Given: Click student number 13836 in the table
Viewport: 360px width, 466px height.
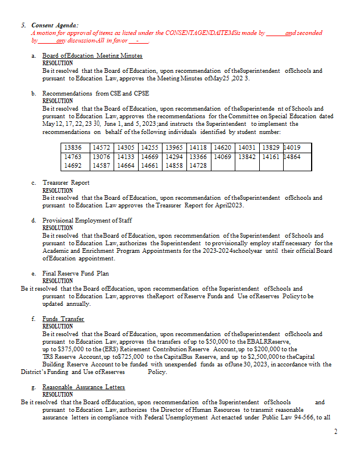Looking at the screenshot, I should tap(73, 149).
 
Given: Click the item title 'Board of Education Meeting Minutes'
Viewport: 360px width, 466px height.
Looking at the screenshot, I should tap(92, 55).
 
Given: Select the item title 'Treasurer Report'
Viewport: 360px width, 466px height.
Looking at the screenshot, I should tap(66, 183).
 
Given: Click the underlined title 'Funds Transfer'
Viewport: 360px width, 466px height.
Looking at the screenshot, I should tap(63, 319).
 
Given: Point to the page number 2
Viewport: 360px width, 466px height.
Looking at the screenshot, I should tap(335, 432).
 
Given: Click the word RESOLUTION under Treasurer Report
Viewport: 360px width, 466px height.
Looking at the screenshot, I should tap(58, 190).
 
